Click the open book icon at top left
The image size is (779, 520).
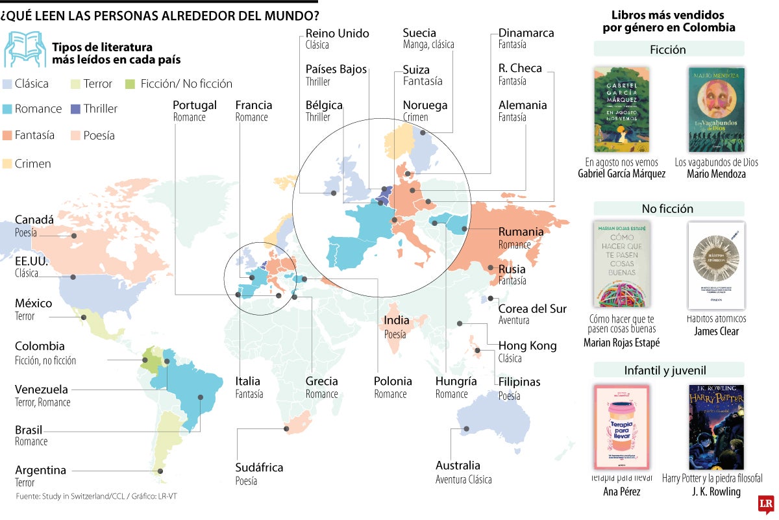[24, 49]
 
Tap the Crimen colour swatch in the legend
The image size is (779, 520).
[8, 164]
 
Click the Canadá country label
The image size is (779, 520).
[34, 220]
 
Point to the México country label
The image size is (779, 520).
[34, 303]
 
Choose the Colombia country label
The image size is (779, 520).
[40, 347]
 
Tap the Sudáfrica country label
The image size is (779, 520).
[259, 467]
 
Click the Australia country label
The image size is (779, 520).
[458, 465]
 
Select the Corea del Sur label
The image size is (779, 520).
[532, 309]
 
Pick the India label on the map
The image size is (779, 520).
[397, 320]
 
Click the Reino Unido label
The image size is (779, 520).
[337, 33]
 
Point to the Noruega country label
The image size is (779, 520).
[425, 105]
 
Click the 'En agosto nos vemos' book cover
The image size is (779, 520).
[621, 109]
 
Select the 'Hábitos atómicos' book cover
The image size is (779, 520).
[716, 265]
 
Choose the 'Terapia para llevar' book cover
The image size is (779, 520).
[621, 427]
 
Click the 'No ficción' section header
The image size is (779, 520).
[668, 209]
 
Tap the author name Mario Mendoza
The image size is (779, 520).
[716, 174]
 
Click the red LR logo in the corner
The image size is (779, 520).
[766, 504]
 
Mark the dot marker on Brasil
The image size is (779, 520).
[201, 397]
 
